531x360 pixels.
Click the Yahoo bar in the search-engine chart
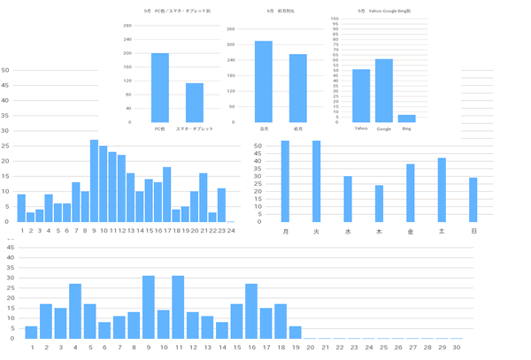coord(361,96)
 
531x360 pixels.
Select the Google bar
coord(384,90)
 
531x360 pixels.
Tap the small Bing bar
coord(406,119)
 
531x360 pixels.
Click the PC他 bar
coord(160,88)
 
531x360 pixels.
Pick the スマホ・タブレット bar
coord(195,103)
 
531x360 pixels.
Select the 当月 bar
coord(264,81)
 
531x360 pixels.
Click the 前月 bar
coord(298,88)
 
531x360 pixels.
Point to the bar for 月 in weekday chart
coord(285,181)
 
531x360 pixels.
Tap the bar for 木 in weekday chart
coord(379,203)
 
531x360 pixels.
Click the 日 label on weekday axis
coord(473,231)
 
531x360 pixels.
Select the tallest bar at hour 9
coord(94,180)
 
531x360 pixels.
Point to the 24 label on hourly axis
coord(230,230)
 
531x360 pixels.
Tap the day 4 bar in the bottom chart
coord(75,311)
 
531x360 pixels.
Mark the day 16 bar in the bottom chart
coord(251,311)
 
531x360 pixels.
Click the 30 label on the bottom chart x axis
coord(457,348)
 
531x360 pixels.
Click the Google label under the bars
coord(384,129)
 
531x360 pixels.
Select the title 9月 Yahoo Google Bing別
coord(384,11)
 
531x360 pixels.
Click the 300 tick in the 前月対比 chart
coord(231,29)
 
